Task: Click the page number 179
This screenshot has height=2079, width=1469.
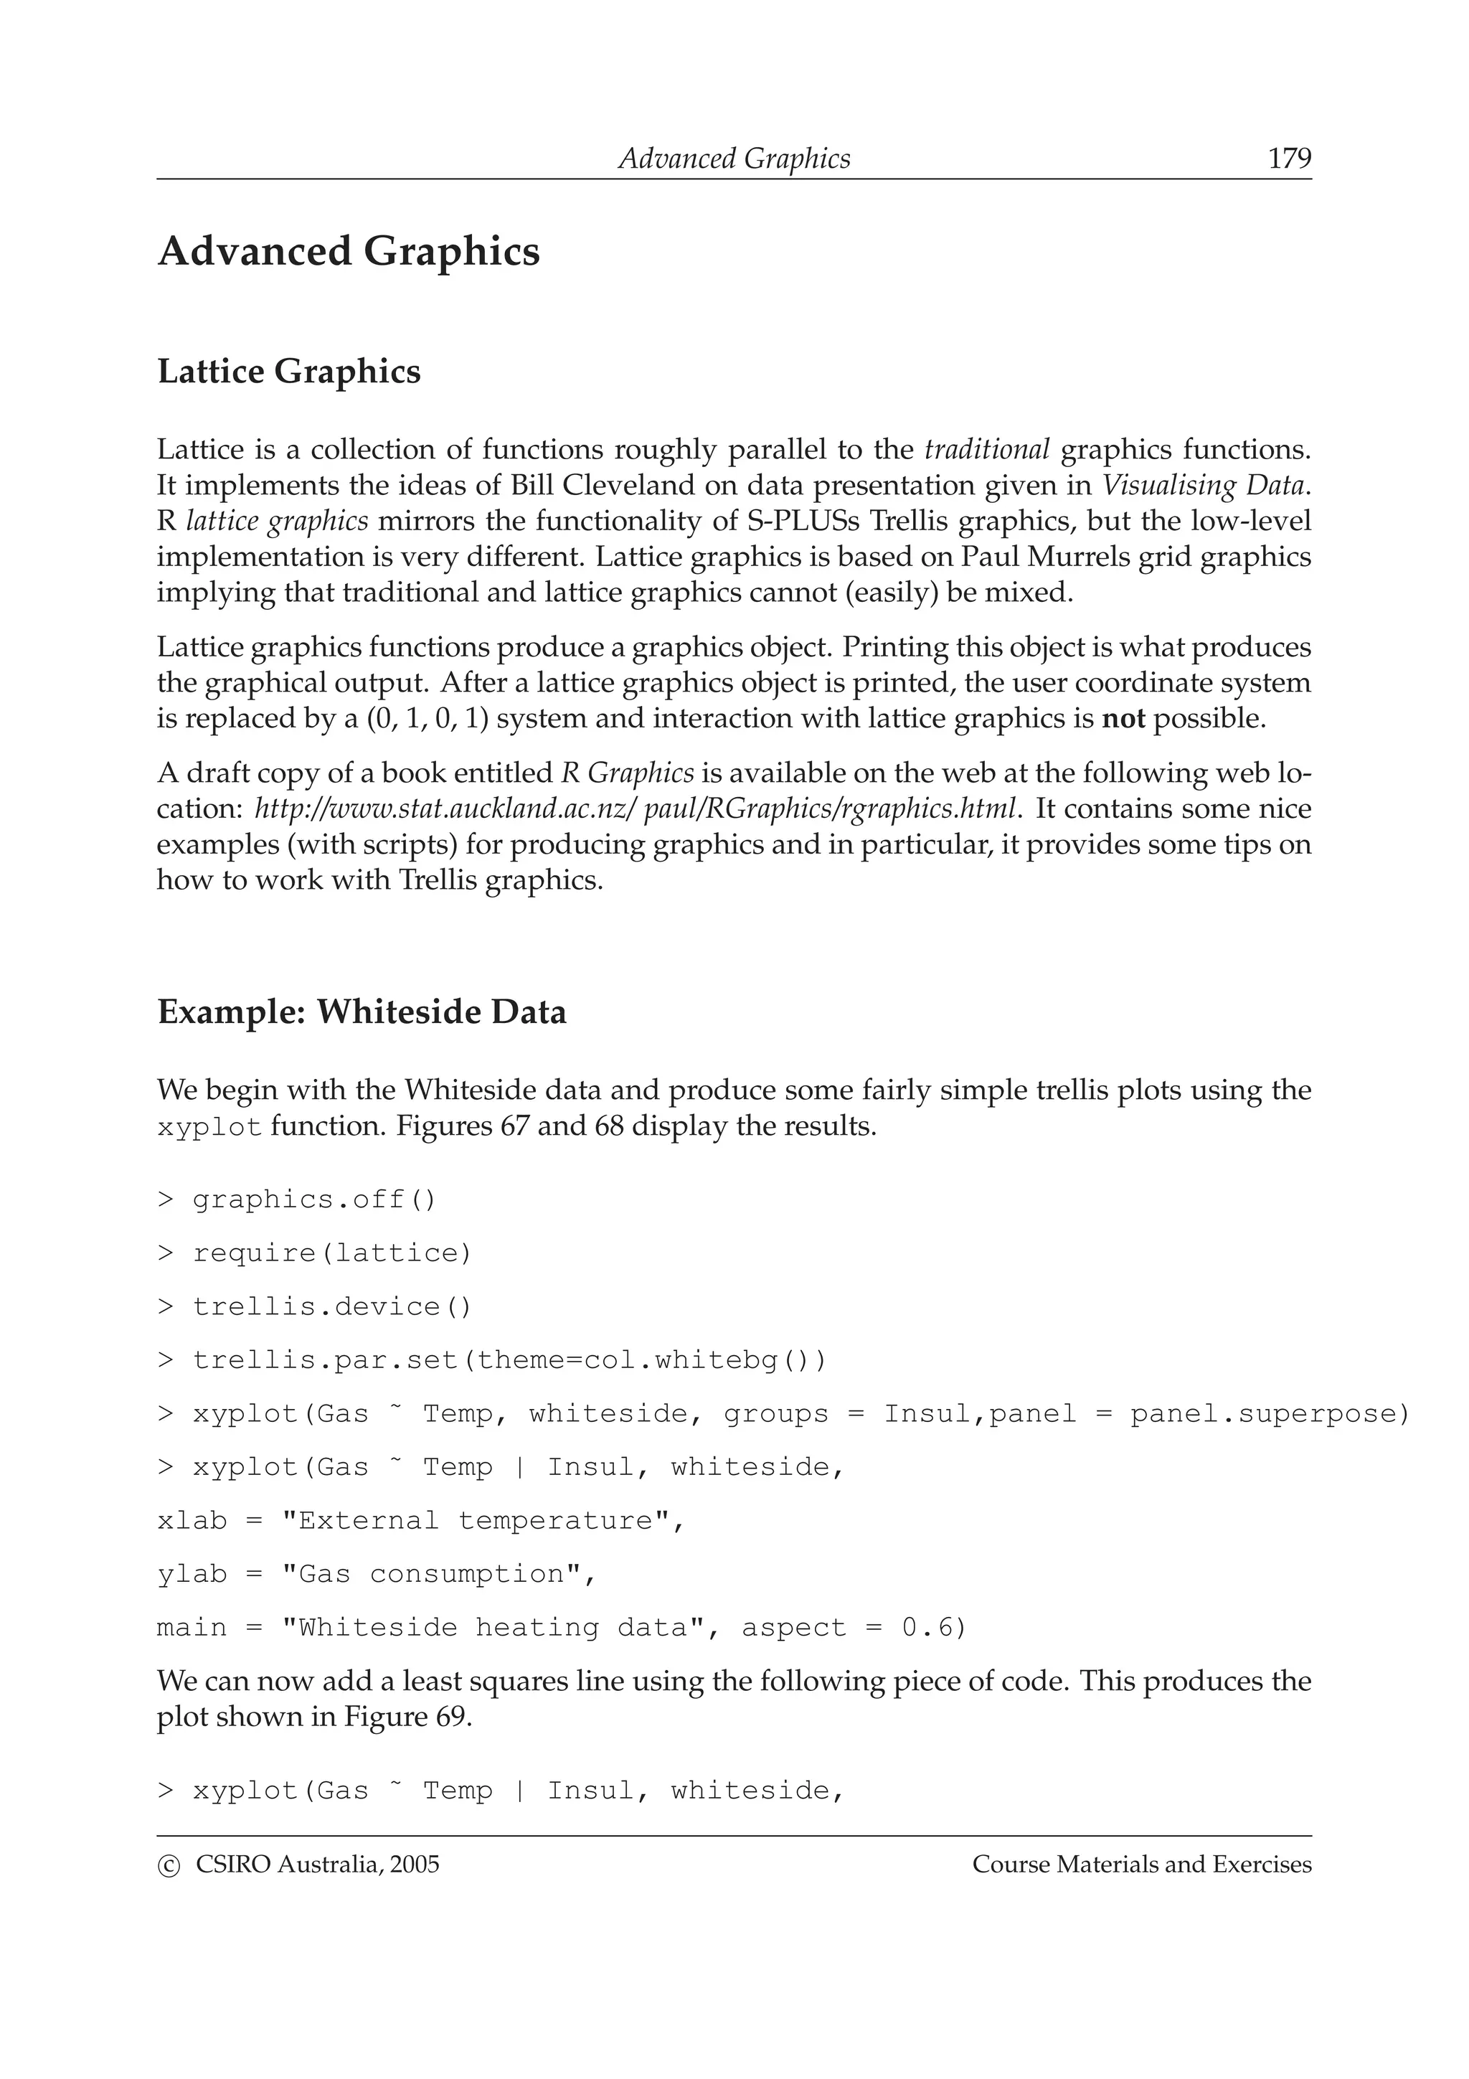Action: tap(1289, 159)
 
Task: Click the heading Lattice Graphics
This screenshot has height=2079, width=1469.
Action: tap(289, 372)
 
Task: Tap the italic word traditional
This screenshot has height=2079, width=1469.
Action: tap(986, 449)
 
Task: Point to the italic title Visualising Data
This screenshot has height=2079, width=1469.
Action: tap(1204, 486)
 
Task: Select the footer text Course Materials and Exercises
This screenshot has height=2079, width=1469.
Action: tap(1141, 1864)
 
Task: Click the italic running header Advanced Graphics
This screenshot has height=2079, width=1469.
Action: tap(734, 159)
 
